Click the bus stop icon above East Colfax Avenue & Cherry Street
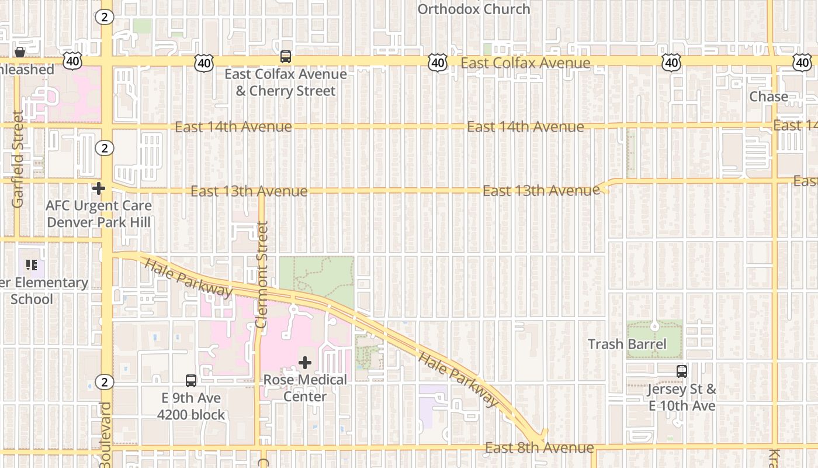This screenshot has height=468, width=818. pos(286,57)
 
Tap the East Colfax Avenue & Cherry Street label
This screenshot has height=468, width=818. pos(286,82)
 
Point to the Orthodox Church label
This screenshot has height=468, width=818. pos(474,9)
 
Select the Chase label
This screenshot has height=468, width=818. pos(768,97)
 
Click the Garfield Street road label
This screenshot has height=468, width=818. pos(18,159)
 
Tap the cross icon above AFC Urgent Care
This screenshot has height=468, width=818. pos(99,188)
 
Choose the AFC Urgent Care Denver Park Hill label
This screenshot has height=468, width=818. pos(99,214)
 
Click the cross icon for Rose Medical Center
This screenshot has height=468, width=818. pos(305,363)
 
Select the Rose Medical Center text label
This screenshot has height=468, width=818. pos(305,388)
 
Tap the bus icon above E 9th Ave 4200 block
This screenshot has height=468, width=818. pos(191,381)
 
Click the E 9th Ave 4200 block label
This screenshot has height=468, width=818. pos(191,407)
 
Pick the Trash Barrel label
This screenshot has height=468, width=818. pos(627,344)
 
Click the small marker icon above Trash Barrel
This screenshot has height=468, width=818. pos(655,325)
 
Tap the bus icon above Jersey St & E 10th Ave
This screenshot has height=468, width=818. pos(682,371)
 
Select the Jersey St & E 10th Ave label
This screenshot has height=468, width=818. pos(682,397)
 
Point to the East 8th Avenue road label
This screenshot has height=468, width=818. pos(539,448)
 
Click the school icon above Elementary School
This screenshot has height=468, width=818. pos(32,265)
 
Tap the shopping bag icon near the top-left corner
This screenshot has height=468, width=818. pos(19,52)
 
